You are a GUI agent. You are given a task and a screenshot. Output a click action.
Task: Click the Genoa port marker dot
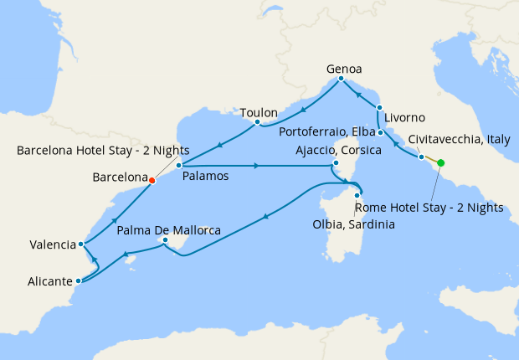point(341,79)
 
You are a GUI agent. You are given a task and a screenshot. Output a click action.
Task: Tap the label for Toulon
point(258,112)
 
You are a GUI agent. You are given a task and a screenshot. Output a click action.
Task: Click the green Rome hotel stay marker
point(441,163)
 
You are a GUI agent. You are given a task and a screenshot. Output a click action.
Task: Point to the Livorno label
point(406,116)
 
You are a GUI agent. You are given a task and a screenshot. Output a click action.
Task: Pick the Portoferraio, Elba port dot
point(380,132)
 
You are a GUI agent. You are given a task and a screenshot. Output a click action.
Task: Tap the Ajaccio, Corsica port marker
point(336,162)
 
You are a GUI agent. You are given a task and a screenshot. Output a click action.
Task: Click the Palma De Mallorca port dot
point(165,241)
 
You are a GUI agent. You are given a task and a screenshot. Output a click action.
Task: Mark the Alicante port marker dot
point(78,280)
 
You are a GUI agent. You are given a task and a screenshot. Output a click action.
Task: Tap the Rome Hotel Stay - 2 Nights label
point(429,208)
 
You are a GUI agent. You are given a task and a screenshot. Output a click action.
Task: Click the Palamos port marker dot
point(179,166)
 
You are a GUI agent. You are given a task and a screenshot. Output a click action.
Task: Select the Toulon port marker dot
point(257,124)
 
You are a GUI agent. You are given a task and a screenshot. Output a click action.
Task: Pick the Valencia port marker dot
point(80,244)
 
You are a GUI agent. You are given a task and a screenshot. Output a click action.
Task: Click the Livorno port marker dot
point(379,108)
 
